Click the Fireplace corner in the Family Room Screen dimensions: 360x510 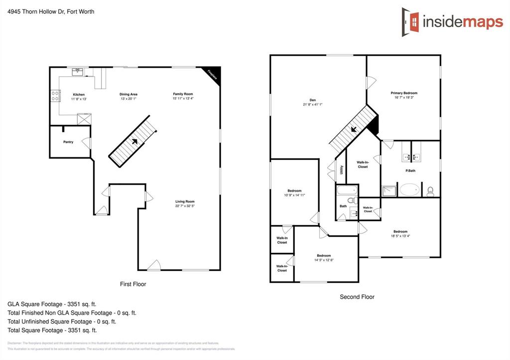[214, 74]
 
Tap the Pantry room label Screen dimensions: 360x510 [68, 142]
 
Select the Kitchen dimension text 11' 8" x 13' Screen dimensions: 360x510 [79, 99]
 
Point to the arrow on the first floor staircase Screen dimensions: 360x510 [134, 141]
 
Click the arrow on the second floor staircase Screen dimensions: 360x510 [354, 129]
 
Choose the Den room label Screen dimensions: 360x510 [313, 100]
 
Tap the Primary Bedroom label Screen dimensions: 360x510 [404, 93]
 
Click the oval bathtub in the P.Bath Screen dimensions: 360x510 [410, 190]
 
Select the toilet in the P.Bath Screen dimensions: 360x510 [431, 190]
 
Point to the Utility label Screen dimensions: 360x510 [341, 170]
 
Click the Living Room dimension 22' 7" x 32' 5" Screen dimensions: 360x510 [184, 206]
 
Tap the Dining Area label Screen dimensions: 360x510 [128, 94]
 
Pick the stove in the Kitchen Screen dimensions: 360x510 [55, 96]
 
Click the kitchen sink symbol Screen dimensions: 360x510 [78, 72]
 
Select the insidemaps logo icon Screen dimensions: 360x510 [411, 19]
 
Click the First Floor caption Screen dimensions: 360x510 [133, 284]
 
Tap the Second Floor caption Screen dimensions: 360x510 [357, 297]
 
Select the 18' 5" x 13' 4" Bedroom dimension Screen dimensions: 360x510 [400, 236]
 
